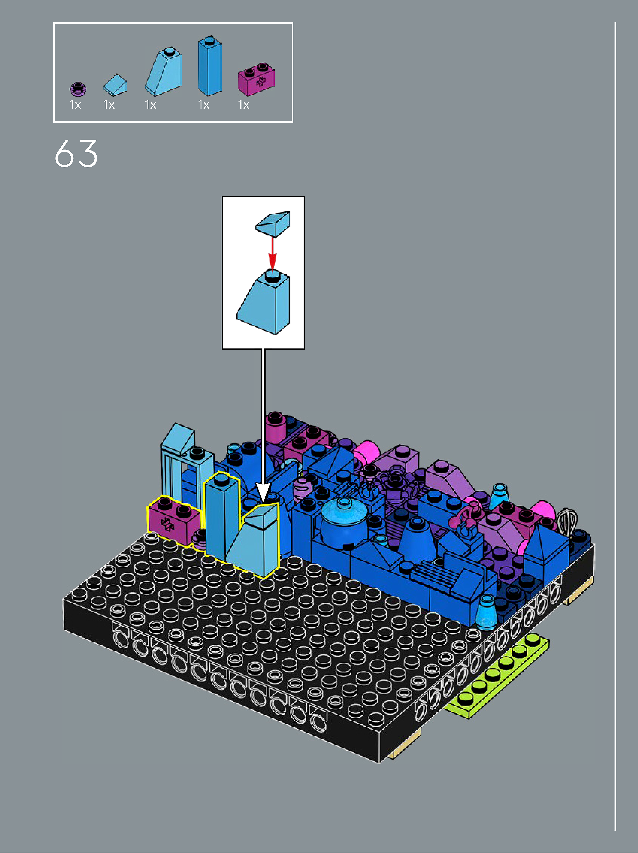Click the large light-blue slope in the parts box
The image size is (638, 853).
coord(164,72)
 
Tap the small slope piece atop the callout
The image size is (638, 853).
coord(273,224)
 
